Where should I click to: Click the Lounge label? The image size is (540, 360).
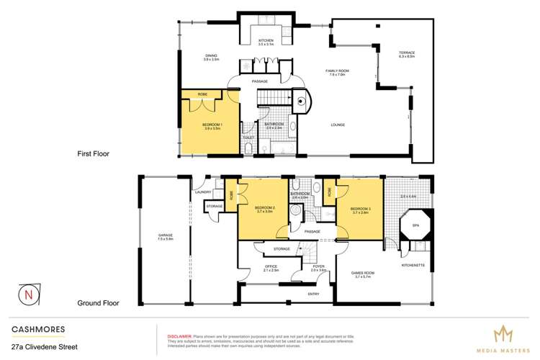pos(338,125)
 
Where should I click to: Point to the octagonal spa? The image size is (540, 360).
pos(415,224)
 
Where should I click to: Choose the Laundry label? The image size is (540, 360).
pos(202,192)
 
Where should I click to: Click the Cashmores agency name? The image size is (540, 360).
pos(38,329)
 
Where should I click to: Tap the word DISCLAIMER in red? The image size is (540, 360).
pos(179,336)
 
